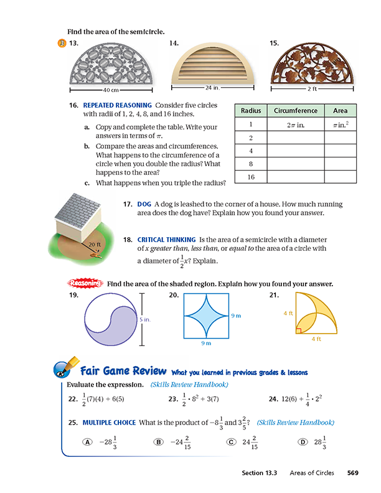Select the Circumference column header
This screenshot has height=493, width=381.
click(x=296, y=111)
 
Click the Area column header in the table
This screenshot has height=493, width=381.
click(x=340, y=111)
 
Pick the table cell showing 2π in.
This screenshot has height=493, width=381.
click(x=296, y=124)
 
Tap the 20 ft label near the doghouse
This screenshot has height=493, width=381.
click(x=95, y=245)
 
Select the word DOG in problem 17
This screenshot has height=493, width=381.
click(x=144, y=204)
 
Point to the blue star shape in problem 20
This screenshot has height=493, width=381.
click(x=207, y=319)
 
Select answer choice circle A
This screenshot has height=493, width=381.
click(x=87, y=441)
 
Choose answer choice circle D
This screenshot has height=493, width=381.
click(x=303, y=441)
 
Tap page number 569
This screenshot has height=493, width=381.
click(x=353, y=473)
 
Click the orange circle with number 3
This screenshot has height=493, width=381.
click(x=61, y=43)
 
